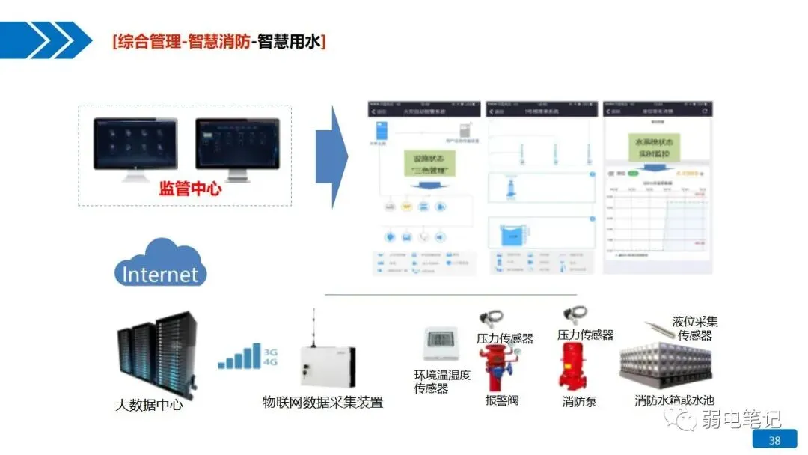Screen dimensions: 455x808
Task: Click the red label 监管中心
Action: [x=190, y=189]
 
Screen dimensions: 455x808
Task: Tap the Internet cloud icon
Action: [x=160, y=264]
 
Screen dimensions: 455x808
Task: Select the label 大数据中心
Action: [x=149, y=406]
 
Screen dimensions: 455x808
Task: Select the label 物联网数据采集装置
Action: [x=322, y=403]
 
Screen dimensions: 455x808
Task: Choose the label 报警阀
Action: [x=502, y=400]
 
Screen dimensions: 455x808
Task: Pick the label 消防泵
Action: [x=579, y=401]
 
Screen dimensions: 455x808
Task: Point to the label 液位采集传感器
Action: [x=695, y=329]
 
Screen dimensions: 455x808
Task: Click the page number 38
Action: [x=774, y=439]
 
